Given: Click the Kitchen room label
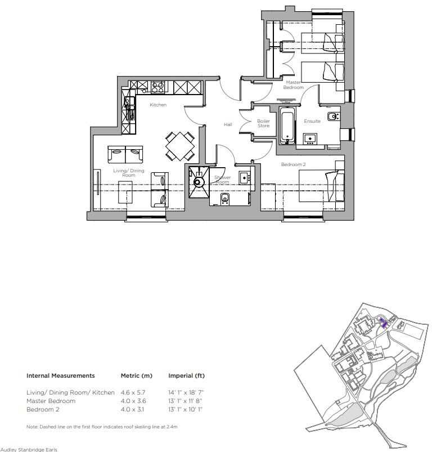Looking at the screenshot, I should pyautogui.click(x=158, y=105).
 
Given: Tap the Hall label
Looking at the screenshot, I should pyautogui.click(x=227, y=124).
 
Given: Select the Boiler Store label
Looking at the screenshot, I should pyautogui.click(x=263, y=123).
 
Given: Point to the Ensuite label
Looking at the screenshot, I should pyautogui.click(x=312, y=121).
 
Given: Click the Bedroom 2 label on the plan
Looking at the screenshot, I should pyautogui.click(x=293, y=164).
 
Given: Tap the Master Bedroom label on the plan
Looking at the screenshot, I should pyautogui.click(x=293, y=85).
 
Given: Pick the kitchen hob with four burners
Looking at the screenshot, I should pyautogui.click(x=157, y=87).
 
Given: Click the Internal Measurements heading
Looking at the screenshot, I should pyautogui.click(x=61, y=375).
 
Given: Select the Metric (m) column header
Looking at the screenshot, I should pyautogui.click(x=137, y=375).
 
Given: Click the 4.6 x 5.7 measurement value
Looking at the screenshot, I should pyautogui.click(x=133, y=392).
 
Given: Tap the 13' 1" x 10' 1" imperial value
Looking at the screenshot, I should pyautogui.click(x=185, y=409).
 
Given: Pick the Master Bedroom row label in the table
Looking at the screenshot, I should pyautogui.click(x=51, y=401).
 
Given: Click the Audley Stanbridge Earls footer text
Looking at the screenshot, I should pyautogui.click(x=29, y=449).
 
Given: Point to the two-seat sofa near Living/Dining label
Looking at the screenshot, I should pyautogui.click(x=125, y=154).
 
